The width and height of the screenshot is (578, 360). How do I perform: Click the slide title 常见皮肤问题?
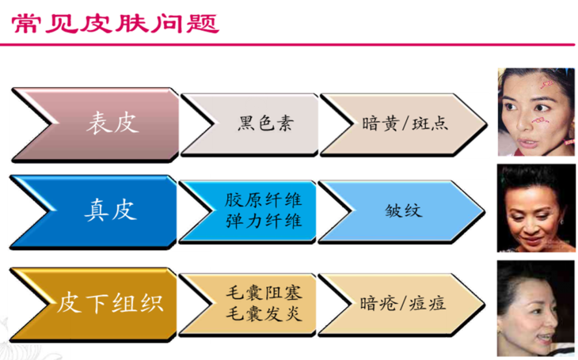click(116, 24)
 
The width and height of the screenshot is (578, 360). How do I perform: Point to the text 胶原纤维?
click(264, 200)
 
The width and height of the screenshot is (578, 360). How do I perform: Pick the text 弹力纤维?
click(264, 222)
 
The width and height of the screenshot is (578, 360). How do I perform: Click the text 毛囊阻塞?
click(264, 293)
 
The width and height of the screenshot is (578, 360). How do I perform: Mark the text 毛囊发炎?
click(264, 314)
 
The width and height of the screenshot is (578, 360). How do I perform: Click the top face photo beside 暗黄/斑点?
click(536, 112)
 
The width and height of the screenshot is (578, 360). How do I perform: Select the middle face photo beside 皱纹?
click(536, 208)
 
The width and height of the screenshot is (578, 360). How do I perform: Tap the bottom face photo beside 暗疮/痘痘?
click(536, 308)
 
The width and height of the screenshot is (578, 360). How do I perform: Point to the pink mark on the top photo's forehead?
click(546, 85)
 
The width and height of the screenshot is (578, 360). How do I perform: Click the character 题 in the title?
click(203, 24)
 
